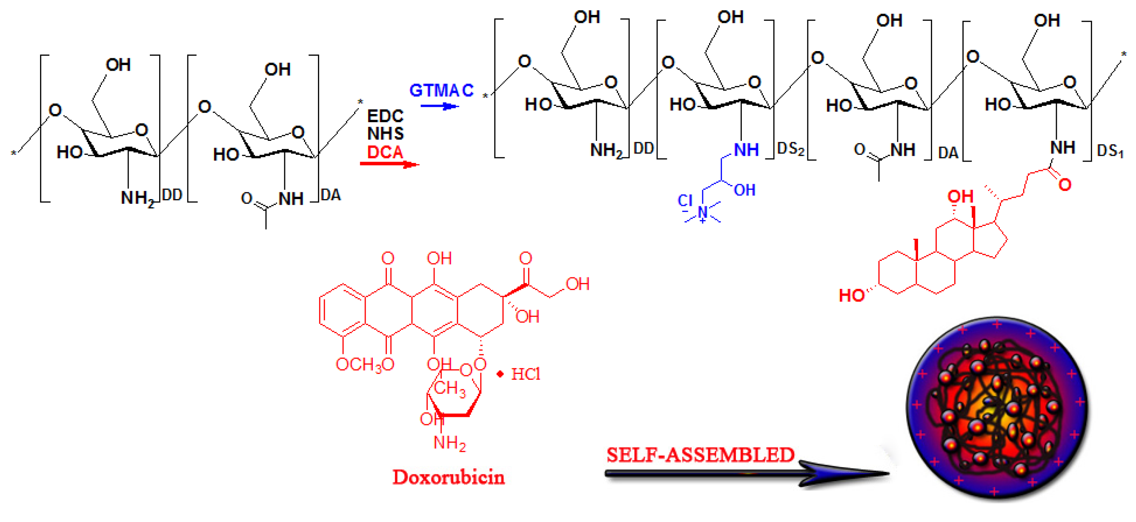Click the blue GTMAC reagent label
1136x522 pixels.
click(441, 90)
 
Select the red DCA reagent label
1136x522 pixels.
click(385, 152)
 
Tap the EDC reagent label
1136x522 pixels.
click(385, 116)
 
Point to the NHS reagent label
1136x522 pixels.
click(385, 133)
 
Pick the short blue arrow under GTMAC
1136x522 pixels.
click(439, 106)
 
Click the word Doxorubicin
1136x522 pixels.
click(449, 477)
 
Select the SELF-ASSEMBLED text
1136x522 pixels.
click(700, 455)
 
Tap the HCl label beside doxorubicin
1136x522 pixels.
click(525, 374)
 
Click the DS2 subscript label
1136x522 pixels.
click(790, 149)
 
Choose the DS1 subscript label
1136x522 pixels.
click(1110, 151)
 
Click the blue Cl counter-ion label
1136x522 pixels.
click(685, 201)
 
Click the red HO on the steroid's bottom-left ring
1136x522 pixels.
click(851, 295)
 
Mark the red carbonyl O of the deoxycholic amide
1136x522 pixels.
click(1065, 184)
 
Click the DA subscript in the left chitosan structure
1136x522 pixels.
click(331, 195)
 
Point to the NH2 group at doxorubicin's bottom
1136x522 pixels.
click(449, 442)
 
